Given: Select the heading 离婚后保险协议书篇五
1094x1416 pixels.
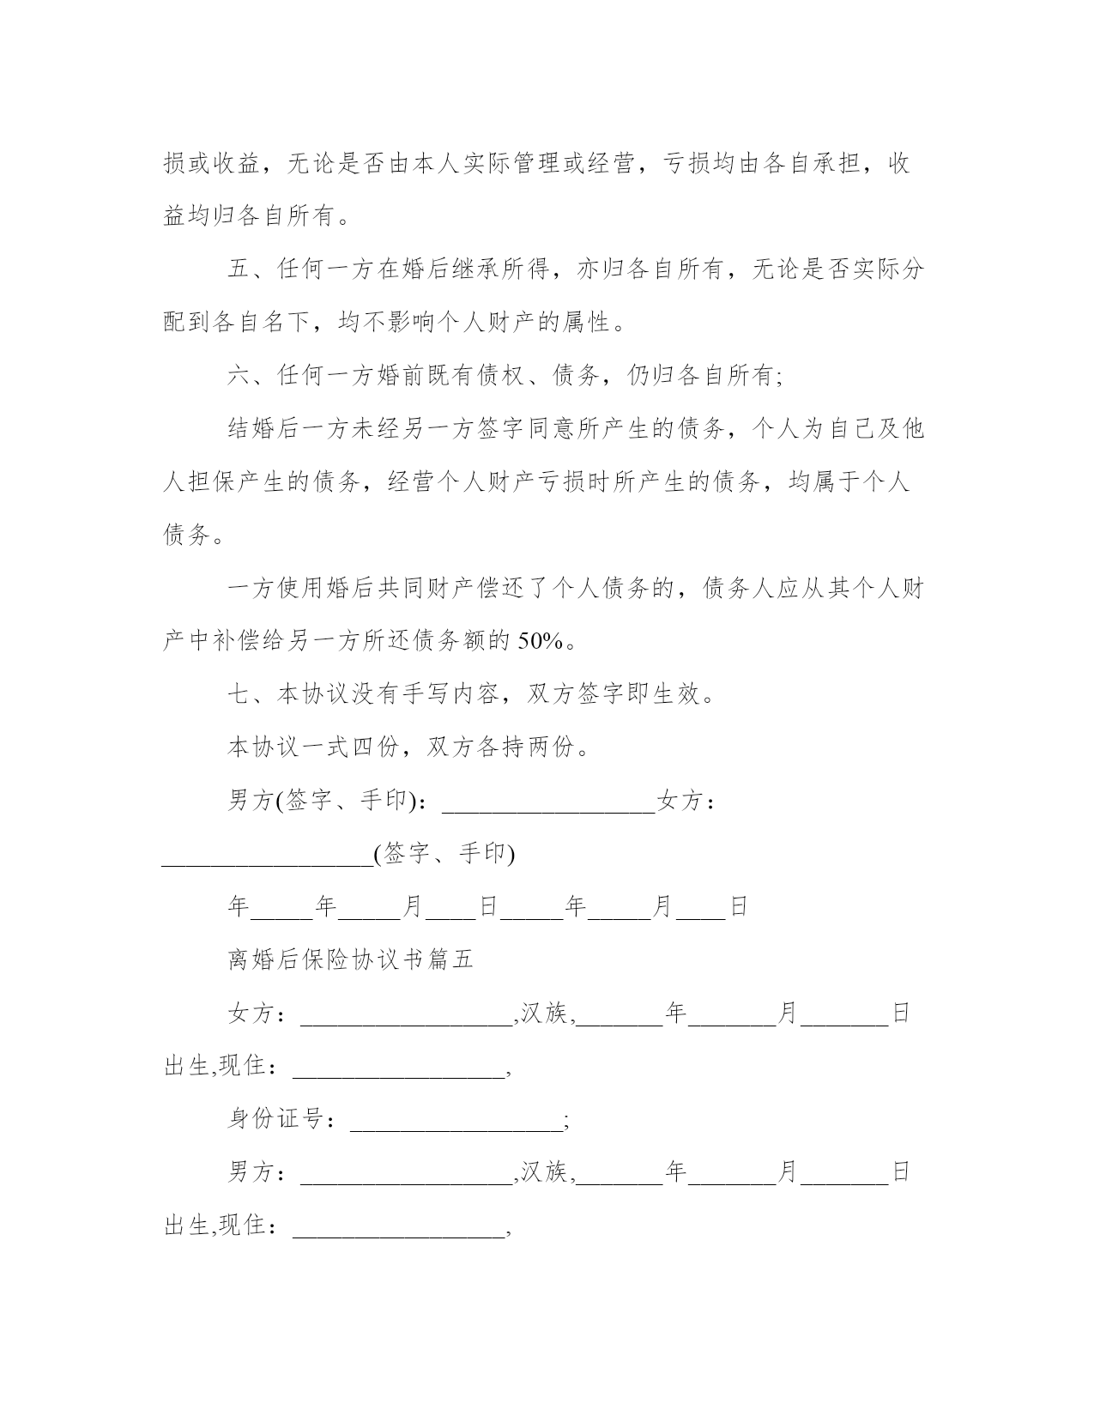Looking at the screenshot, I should [x=350, y=959].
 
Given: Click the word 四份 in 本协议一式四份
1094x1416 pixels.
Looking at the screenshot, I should [x=374, y=747].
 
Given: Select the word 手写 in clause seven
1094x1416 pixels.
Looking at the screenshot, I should [x=424, y=694].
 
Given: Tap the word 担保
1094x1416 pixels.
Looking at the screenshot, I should [x=213, y=482].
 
